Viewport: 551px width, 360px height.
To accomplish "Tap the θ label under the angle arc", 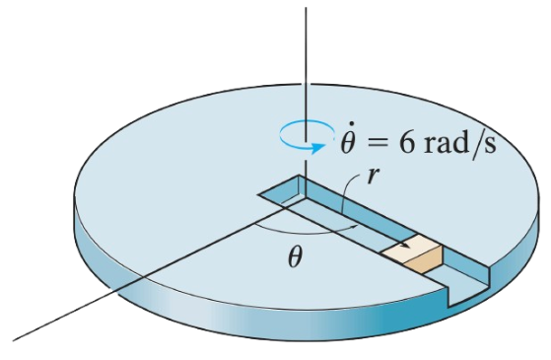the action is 295,258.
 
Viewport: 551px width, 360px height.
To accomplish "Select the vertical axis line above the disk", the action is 307,59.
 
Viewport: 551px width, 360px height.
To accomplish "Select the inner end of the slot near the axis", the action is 277,188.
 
